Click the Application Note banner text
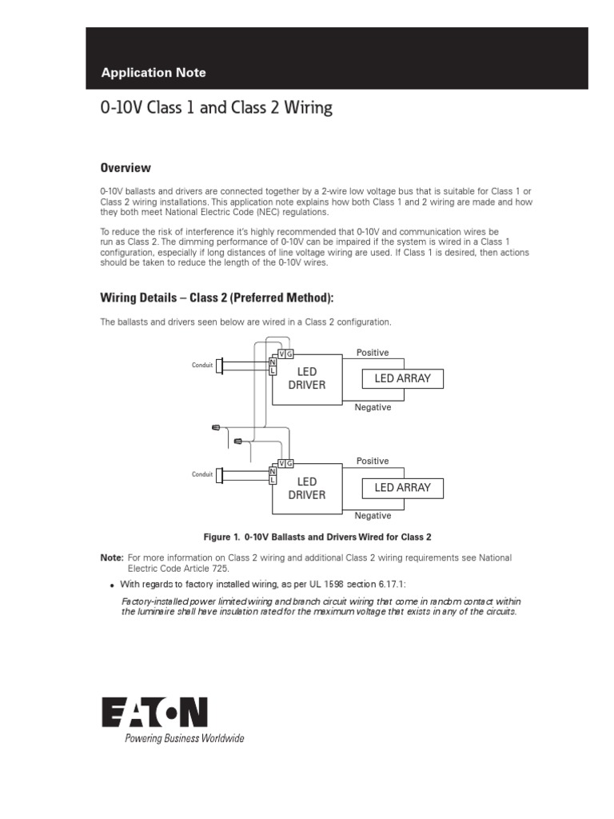point(153,73)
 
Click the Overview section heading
point(126,168)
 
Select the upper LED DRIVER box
point(307,378)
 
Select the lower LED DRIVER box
point(307,488)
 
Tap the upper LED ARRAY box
point(402,378)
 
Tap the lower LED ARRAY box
point(402,487)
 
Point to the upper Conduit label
point(202,366)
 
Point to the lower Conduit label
point(202,474)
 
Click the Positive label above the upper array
point(373,353)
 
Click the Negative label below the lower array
point(373,516)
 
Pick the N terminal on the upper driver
point(273,363)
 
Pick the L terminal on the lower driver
point(273,479)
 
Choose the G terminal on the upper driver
point(289,354)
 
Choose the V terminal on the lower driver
point(281,464)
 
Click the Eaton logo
point(154,712)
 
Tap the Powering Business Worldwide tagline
point(184,738)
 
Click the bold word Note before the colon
point(111,557)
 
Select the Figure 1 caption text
point(318,537)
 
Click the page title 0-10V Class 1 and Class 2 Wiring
point(216,108)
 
